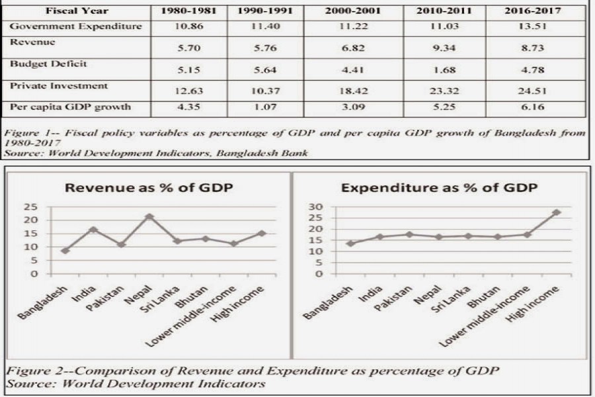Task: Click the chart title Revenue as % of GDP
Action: click(x=148, y=188)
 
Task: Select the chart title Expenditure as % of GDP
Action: click(x=438, y=188)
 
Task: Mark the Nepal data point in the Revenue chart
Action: click(x=149, y=216)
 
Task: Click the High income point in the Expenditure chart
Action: click(x=556, y=212)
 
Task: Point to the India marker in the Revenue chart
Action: click(x=93, y=230)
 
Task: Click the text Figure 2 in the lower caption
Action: click(x=33, y=370)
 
